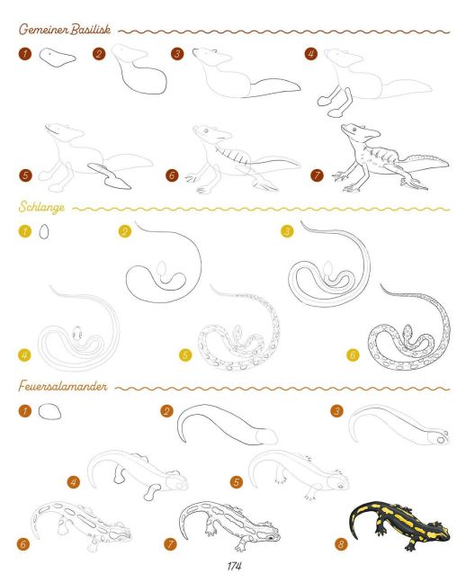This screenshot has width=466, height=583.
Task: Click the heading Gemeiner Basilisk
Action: tap(65, 29)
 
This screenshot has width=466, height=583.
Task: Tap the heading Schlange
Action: tap(41, 207)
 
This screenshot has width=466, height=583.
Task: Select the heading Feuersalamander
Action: tap(63, 386)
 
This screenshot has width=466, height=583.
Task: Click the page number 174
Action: tap(234, 566)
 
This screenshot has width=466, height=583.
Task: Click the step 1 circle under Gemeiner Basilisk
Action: tap(25, 54)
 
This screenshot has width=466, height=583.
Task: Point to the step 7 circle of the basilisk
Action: tap(318, 175)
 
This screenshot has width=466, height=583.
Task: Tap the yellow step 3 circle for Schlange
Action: tap(287, 231)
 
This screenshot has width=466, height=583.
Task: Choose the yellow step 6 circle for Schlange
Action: tap(353, 355)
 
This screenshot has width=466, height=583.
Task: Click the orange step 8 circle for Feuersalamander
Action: tap(341, 544)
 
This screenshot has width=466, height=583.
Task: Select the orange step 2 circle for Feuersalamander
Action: tap(166, 411)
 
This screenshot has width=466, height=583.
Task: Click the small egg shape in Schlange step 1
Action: tap(44, 231)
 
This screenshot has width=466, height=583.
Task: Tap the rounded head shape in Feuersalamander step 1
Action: tap(49, 411)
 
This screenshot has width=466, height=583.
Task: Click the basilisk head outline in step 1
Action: tap(57, 58)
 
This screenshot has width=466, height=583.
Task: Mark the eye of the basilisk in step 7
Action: tap(354, 130)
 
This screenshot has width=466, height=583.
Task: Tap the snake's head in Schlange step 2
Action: tap(161, 268)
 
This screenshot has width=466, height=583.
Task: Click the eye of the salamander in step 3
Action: tap(440, 440)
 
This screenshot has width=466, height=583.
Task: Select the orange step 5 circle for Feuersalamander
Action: tap(237, 482)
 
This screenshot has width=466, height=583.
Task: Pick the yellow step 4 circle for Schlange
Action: tap(24, 355)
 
